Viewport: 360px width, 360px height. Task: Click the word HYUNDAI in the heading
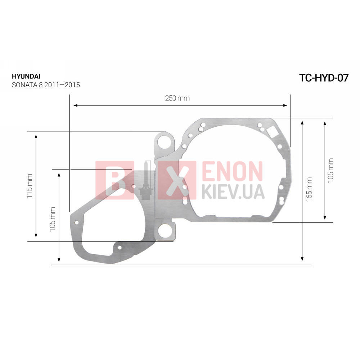[26, 76]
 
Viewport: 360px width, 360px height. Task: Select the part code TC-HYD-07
[324, 78]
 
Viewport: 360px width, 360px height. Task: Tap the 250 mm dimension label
[177, 98]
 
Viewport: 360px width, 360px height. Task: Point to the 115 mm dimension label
[30, 186]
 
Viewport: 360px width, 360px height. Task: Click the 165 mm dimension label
[309, 189]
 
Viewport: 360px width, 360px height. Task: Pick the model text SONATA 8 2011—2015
[46, 85]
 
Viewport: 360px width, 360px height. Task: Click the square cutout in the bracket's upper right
[272, 132]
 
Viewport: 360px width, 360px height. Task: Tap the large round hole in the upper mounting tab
[164, 142]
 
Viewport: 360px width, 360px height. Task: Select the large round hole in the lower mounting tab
[165, 230]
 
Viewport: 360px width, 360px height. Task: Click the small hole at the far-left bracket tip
[77, 222]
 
